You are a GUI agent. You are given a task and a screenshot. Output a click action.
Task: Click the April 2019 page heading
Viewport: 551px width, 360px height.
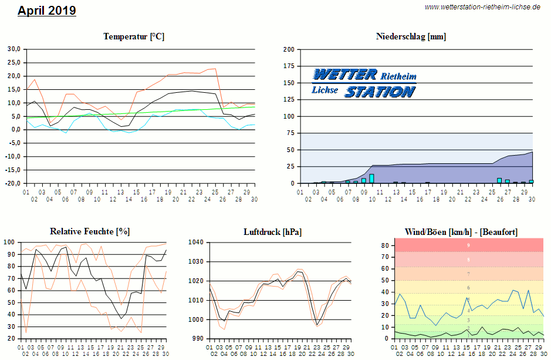tap(47, 11)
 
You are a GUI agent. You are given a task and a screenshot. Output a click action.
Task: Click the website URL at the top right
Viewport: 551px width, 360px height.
tap(482, 7)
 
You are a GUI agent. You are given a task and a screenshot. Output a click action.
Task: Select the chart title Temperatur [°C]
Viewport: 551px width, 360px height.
tap(134, 36)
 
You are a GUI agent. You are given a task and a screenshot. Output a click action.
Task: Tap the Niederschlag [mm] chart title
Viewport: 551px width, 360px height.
tap(411, 36)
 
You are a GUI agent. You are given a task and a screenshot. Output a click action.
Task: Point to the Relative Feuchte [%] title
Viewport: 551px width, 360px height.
tap(90, 231)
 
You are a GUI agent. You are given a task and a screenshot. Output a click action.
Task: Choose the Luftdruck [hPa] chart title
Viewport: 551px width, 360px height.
tap(273, 232)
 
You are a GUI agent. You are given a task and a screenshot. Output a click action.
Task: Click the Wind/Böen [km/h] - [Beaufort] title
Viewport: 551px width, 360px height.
tap(461, 232)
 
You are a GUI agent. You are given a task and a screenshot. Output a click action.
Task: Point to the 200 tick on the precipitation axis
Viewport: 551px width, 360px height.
tap(288, 49)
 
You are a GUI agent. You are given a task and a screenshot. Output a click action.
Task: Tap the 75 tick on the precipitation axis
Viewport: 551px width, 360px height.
tap(290, 133)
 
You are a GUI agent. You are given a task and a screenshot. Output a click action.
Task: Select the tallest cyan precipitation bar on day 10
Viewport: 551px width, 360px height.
tap(371, 179)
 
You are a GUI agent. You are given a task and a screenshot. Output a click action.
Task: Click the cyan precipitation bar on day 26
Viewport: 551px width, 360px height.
tap(499, 181)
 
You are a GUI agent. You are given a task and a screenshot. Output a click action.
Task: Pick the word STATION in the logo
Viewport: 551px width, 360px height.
tap(379, 92)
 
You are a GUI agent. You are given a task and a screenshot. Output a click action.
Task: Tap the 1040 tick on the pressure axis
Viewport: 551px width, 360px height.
tap(195, 242)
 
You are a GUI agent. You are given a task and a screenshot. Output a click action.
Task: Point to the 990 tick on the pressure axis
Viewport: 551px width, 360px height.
tap(197, 339)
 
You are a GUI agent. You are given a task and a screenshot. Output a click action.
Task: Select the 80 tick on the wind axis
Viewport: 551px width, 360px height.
tap(386, 245)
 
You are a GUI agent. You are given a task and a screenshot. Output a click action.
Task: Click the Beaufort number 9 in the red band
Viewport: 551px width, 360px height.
tap(468, 245)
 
